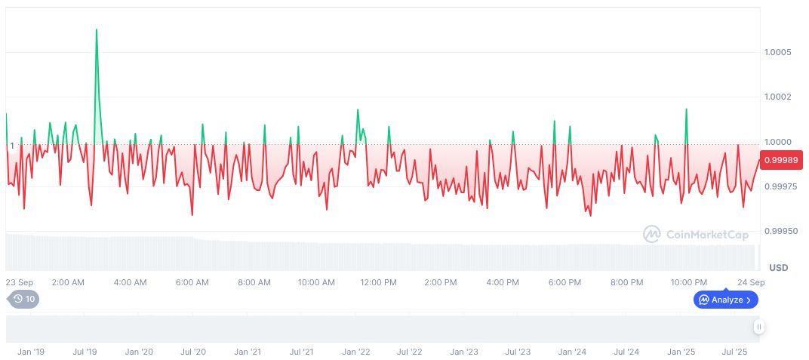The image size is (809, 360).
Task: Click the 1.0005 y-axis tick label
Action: pos(777,53)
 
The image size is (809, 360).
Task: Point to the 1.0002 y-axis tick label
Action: pos(777,97)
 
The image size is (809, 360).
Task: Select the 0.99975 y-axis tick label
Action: pos(780,186)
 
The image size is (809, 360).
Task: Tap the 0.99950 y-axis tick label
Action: pos(780,231)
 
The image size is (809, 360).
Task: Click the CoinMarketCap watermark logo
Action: pos(695,235)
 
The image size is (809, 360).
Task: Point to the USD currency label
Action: pos(778,268)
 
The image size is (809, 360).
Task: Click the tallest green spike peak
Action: pos(97,30)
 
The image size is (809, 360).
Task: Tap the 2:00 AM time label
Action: pos(68,282)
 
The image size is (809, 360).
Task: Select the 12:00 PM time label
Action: pos(378,282)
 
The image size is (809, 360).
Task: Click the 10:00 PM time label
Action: pos(688,282)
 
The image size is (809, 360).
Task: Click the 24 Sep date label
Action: pos(751,282)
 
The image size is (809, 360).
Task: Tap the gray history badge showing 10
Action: pos(24,299)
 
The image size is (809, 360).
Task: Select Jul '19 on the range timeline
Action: pos(85,352)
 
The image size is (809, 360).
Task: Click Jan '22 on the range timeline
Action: pos(355,352)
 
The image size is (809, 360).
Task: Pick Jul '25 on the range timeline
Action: pos(734,352)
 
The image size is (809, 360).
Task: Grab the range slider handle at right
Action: pos(758,327)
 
